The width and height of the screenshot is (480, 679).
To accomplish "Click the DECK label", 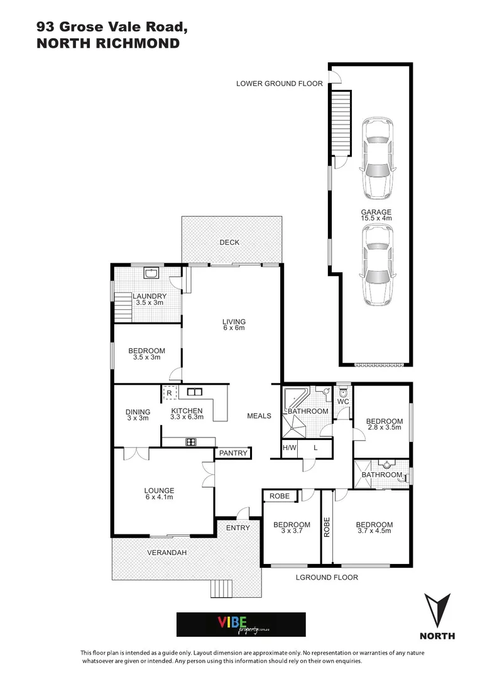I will tap(229, 243).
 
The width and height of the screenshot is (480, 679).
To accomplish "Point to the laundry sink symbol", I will tap(151, 273).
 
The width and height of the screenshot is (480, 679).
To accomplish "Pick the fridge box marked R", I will tap(168, 393).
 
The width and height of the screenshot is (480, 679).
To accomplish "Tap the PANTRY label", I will tap(233, 453).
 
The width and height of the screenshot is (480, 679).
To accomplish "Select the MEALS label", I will tap(259, 416).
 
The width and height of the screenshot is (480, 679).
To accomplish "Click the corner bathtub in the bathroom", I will tap(294, 398).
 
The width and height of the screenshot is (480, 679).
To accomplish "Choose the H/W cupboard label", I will tap(289, 448).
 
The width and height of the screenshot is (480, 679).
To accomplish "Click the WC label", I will tap(342, 400).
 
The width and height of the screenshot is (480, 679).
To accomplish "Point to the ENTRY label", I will tap(237, 528).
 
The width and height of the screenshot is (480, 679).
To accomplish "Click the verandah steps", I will tap(222, 588).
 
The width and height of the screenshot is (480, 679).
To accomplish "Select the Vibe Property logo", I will tap(241, 624).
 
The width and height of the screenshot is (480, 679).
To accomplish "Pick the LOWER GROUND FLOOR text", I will tap(279, 83).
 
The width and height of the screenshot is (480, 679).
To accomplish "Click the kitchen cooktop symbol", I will tap(190, 442).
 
